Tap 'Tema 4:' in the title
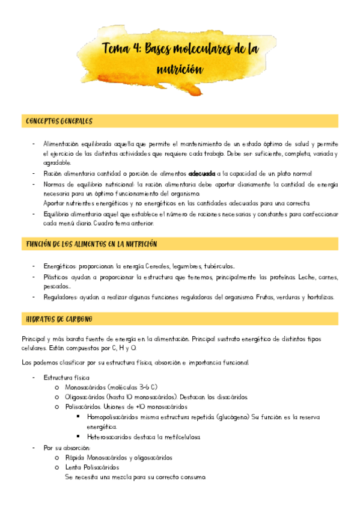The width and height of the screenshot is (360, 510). (x=121, y=49)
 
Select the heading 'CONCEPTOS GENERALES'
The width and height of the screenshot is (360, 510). (x=59, y=121)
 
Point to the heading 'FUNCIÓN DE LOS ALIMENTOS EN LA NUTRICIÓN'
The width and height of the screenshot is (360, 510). (x=91, y=244)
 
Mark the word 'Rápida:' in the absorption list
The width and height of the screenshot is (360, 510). (x=76, y=457)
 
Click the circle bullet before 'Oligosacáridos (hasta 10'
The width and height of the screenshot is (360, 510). (x=56, y=397)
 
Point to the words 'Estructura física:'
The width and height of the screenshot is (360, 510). (x=65, y=376)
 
